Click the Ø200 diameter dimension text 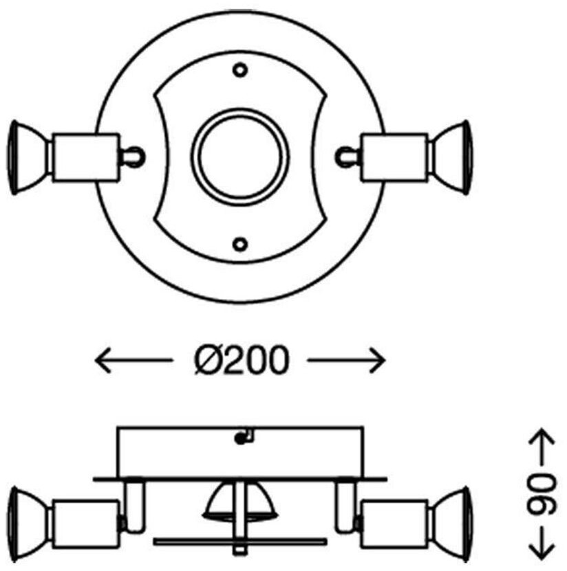pyautogui.click(x=239, y=360)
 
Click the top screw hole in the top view pyautogui.click(x=239, y=69)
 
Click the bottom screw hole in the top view pyautogui.click(x=239, y=243)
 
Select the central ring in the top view pyautogui.click(x=239, y=157)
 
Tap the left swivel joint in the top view pyautogui.click(x=133, y=157)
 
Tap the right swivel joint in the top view pyautogui.click(x=346, y=157)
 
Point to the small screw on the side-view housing pyautogui.click(x=241, y=437)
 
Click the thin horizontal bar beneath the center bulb pyautogui.click(x=239, y=541)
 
